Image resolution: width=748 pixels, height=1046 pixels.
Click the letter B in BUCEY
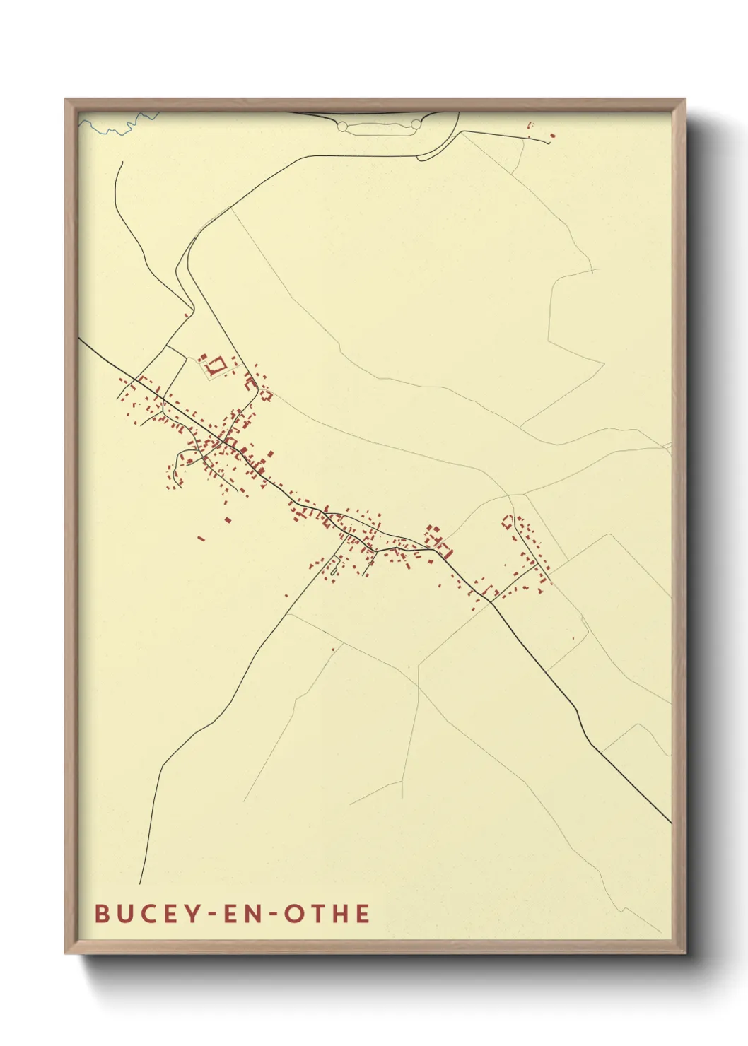(102, 914)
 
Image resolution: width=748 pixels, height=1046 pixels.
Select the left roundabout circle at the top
(343, 126)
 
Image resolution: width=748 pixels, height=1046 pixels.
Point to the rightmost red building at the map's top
(552, 135)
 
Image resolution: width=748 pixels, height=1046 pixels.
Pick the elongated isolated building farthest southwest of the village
(201, 539)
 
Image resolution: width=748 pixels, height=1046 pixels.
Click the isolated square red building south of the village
(228, 520)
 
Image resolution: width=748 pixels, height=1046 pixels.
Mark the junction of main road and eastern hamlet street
(491, 601)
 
